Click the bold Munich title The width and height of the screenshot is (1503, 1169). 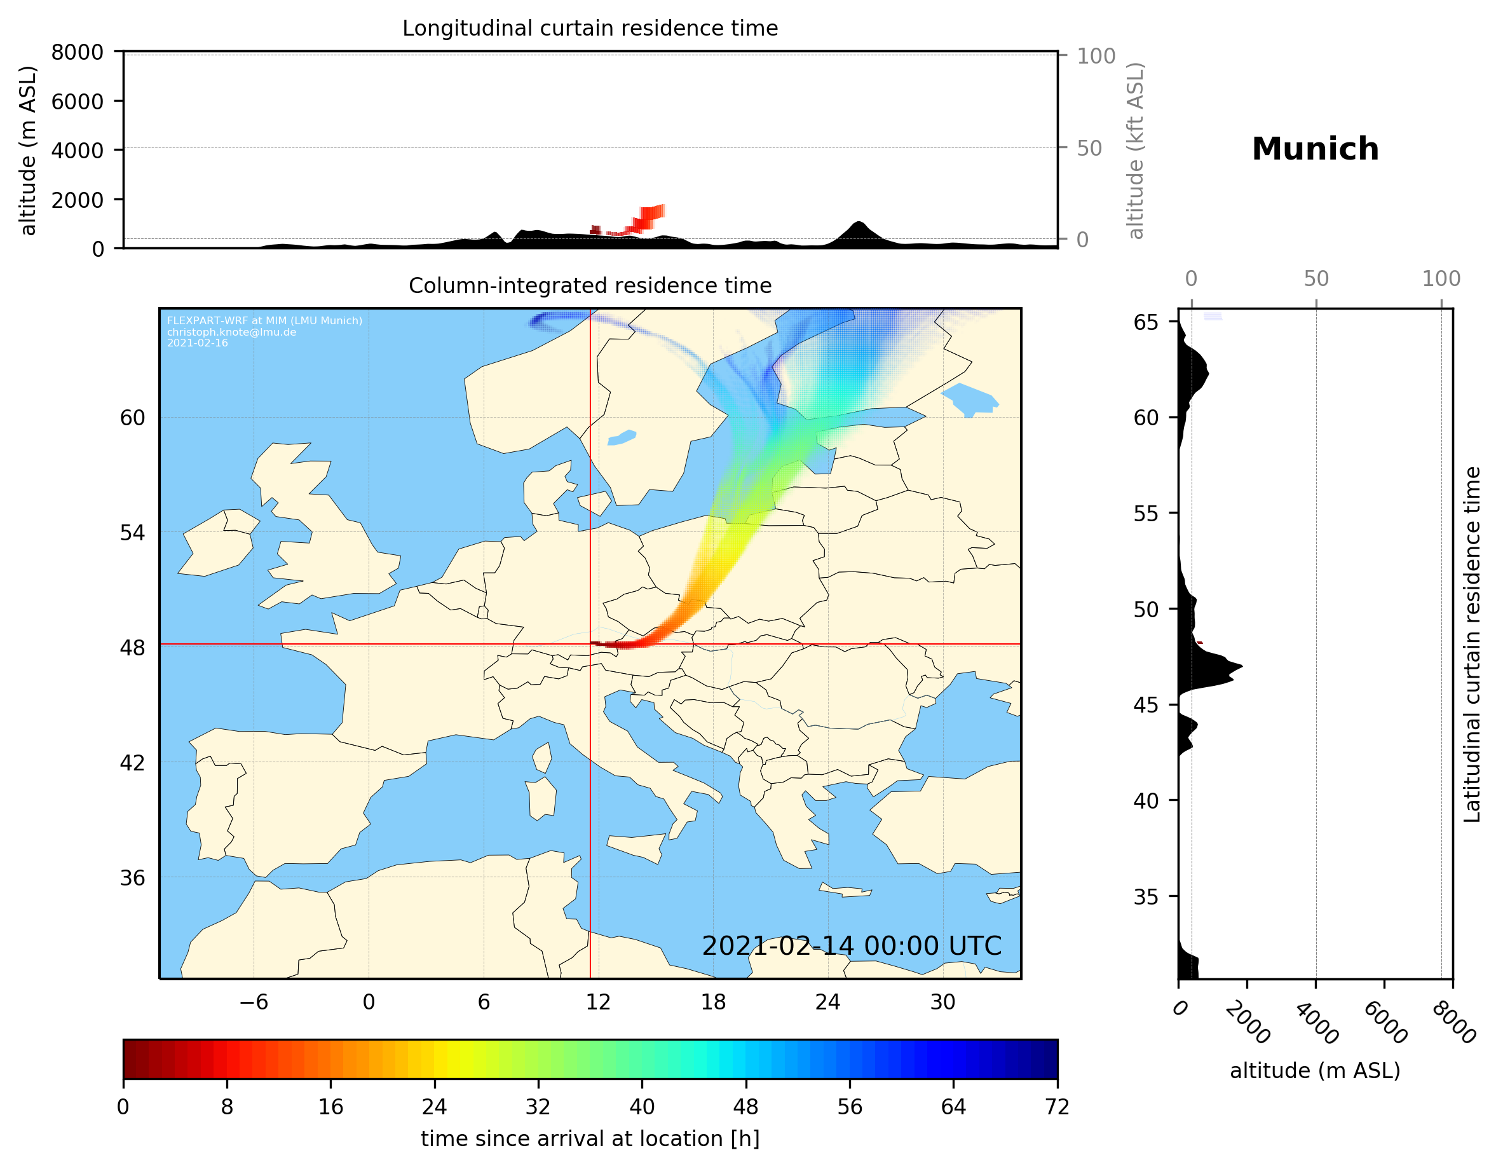tap(1314, 149)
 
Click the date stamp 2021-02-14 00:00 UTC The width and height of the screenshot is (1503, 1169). tap(852, 946)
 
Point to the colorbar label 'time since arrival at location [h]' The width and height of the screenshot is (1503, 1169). tap(590, 1138)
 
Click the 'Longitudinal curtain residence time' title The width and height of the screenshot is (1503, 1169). tap(590, 28)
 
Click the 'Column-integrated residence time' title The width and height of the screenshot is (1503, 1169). tap(590, 285)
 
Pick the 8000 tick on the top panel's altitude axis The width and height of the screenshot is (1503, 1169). tap(77, 52)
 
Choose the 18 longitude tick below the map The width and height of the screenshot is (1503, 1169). tap(713, 1002)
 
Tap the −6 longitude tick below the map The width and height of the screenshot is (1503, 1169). tap(253, 1002)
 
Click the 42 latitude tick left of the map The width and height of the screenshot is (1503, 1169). tap(132, 763)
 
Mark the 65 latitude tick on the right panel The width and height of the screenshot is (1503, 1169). tap(1146, 322)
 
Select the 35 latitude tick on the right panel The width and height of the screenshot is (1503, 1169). tap(1146, 896)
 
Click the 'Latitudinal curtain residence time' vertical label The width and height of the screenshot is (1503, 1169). tap(1471, 644)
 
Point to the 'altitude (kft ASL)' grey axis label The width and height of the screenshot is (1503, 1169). tap(1136, 151)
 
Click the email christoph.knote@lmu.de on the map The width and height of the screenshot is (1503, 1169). tap(231, 332)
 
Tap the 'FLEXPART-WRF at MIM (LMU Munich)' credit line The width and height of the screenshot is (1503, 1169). tap(264, 321)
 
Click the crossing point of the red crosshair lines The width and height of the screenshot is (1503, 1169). tap(590, 645)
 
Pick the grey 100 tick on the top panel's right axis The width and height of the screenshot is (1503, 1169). tap(1096, 56)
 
